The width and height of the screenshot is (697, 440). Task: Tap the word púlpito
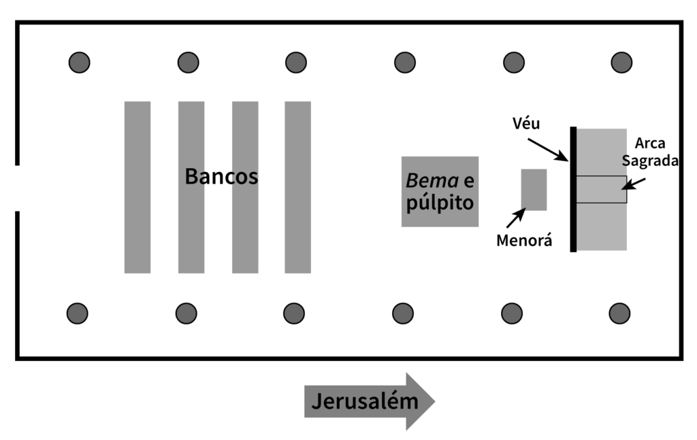coord(439,203)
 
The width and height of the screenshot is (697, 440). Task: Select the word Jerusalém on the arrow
coord(364,401)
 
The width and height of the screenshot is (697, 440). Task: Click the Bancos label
coord(221,177)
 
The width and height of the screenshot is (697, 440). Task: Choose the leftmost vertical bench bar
coord(137,187)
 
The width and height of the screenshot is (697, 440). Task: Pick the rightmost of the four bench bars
coord(298,187)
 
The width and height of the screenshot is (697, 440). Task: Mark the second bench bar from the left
coord(191,224)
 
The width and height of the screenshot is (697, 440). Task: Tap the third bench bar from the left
coord(245,224)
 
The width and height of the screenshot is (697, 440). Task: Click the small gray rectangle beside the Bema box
coord(534,189)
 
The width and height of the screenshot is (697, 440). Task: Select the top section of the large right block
coord(602,151)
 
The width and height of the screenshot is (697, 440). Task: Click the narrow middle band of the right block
coord(602,190)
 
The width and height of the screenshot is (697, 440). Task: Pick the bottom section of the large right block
coord(602,226)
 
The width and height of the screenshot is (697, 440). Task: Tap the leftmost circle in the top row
coord(80,63)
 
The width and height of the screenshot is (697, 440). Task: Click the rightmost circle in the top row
coord(621,63)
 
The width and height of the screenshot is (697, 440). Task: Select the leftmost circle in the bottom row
coord(78,314)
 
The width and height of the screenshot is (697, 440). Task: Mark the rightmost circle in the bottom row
coord(619,314)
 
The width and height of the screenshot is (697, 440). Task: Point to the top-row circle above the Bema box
coord(405,63)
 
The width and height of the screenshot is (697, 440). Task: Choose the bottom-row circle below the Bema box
coord(403,314)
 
